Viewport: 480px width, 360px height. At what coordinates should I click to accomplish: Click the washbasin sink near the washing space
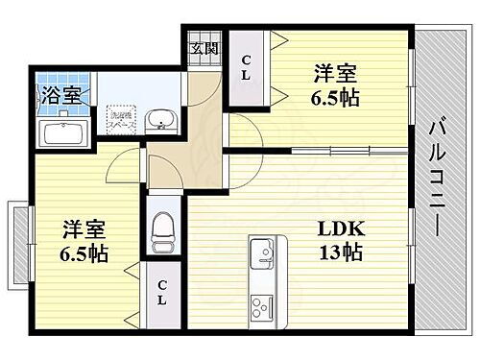click(159, 120)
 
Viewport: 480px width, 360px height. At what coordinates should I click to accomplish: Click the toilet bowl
click(163, 228)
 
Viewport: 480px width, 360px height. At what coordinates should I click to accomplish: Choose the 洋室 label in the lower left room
click(83, 230)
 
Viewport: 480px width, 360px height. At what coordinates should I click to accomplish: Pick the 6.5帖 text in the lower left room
click(83, 254)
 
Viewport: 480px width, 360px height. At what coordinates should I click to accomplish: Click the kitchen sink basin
click(261, 255)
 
